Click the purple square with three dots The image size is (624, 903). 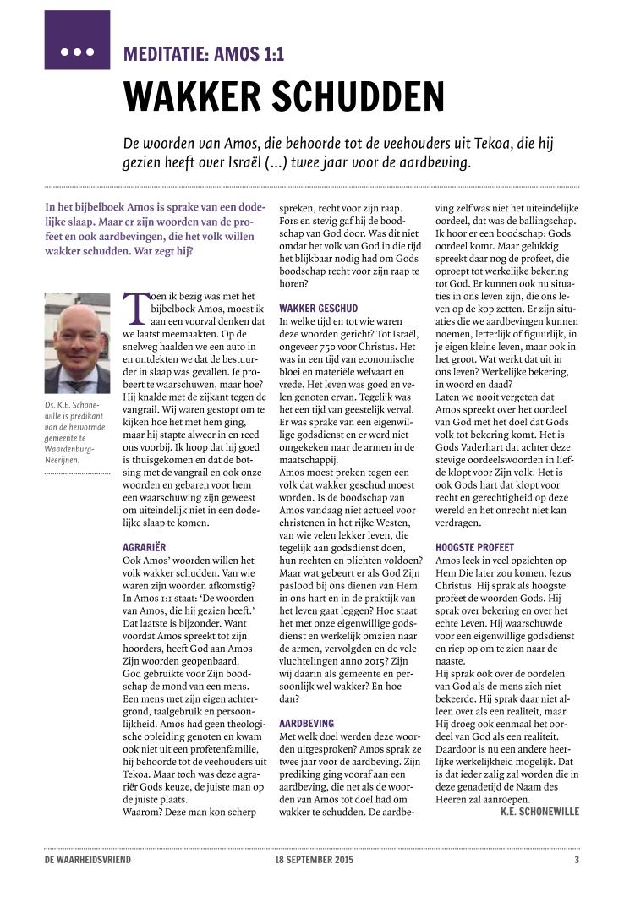[77, 40]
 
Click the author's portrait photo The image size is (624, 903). [77, 343]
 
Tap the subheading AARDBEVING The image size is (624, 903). [306, 725]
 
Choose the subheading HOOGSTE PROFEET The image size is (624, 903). [474, 547]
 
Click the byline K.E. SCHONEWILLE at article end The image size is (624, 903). [539, 812]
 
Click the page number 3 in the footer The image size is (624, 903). [576, 861]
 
